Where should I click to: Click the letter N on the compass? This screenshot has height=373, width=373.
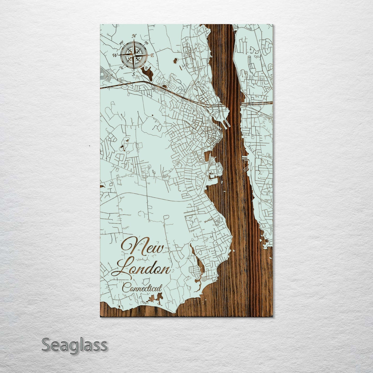pos(134,36)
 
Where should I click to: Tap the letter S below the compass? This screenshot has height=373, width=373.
pos(134,74)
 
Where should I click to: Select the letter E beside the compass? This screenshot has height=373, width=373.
pos(152,55)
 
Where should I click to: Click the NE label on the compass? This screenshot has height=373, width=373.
pos(147,42)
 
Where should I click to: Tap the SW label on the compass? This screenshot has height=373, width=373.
pos(121,68)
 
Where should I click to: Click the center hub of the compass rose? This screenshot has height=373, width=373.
pos(134,55)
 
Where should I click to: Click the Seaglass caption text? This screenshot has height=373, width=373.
pos(74,345)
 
